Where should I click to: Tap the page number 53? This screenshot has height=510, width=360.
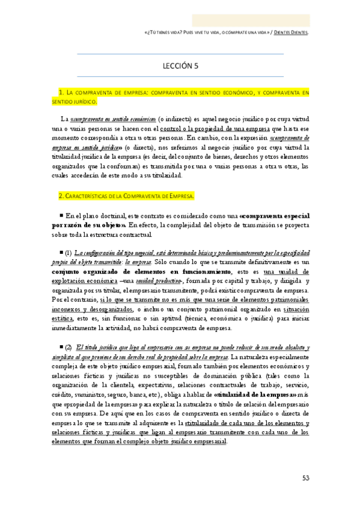pos(306,478)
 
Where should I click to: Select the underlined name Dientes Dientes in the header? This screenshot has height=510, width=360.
pos(291,32)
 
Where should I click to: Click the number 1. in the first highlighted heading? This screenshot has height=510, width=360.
pos(61,92)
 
